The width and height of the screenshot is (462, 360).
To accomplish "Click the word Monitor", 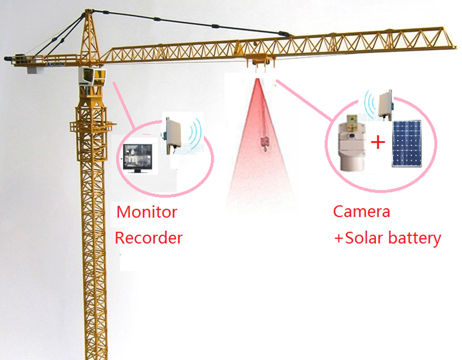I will coord(147,212).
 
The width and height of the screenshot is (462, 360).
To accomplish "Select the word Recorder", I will coord(148,238).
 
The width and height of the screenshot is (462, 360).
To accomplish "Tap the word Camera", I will coord(361,211).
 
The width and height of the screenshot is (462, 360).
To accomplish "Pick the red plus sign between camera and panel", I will coord(379,141).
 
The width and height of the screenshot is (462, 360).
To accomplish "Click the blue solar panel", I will coord(407,145).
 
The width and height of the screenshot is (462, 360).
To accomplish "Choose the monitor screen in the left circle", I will coord(137,156).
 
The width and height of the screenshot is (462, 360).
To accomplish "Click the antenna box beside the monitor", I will coord(172,134).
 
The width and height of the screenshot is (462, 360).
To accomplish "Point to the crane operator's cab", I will coord(92,78).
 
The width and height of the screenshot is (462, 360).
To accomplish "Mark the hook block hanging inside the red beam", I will coord(262,141).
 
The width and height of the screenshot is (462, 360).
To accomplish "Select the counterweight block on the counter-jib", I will coord(35,68).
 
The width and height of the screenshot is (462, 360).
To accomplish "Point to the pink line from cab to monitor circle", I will coord(123,103).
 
